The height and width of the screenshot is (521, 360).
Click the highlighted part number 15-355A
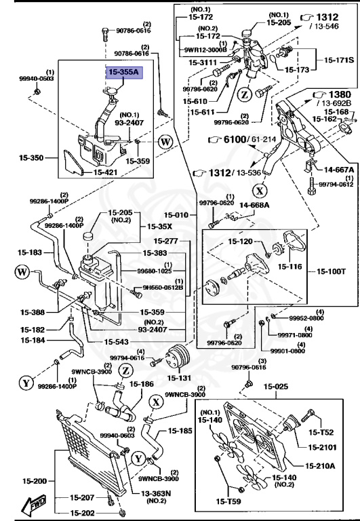pos(123,73)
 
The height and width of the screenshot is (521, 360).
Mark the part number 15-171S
pos(336,61)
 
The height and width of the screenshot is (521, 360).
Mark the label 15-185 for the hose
pos(181,430)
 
